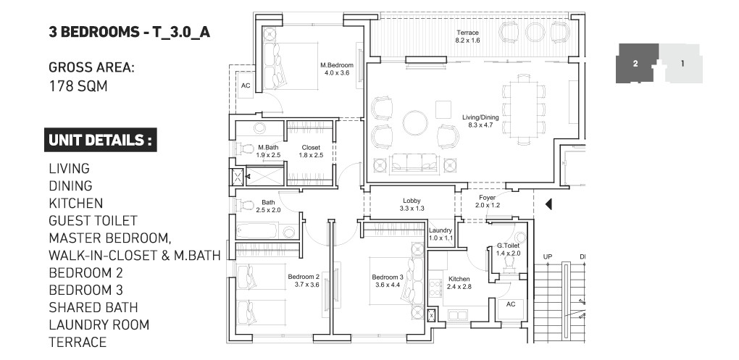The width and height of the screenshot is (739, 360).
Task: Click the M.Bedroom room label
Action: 336,65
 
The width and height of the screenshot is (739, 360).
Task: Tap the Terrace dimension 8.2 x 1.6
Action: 467,41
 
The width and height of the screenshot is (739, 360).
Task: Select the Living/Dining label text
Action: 480,117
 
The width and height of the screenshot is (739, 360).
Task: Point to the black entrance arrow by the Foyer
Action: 548,204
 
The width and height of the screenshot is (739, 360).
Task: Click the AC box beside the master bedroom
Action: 246,85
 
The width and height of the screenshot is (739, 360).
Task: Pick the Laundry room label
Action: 441,230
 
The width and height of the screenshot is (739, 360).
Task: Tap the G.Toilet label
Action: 508,246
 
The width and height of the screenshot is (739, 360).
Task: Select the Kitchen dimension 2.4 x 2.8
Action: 459,287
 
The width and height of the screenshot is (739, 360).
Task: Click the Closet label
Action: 311,148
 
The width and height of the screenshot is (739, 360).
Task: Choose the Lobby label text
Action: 412,201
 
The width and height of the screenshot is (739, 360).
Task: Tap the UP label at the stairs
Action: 548,257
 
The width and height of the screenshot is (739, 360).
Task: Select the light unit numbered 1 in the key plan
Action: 682,63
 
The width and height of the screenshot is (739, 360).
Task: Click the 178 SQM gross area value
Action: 78,86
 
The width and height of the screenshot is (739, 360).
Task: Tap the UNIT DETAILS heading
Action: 101,140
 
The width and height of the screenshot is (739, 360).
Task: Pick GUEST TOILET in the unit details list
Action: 93,220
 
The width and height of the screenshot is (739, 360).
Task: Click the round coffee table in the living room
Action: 415,123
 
